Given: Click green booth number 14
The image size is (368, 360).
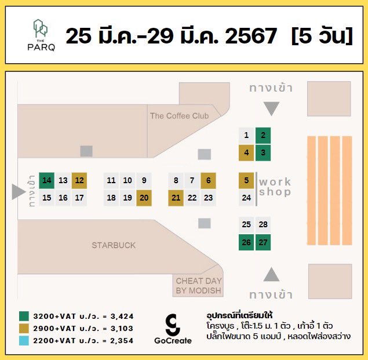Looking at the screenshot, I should point(47,180).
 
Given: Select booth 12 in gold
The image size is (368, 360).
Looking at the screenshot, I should point(79,180).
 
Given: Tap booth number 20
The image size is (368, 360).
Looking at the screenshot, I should point(144,198).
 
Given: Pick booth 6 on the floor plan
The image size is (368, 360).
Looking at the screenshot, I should point(208,180).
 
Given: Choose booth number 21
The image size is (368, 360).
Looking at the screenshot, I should point(176,198).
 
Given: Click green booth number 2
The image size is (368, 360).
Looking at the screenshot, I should point(263,136).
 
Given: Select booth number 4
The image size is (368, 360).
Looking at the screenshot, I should point(246,153).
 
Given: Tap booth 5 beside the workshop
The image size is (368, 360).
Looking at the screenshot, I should point(246,180).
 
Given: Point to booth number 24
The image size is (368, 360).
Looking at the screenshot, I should point(246,198).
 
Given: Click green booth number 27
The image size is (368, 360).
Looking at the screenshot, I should point(263,242).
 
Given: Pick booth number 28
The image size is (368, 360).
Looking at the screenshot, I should point(263,224).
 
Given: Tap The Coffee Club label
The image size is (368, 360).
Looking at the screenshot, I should point(179,116).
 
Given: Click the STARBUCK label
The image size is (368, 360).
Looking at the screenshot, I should point(114,245).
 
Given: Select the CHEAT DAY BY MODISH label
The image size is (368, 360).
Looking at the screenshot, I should point(199,286).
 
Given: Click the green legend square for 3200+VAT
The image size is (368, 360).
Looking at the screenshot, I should point(24,316).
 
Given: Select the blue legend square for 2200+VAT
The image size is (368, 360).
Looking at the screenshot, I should point(24,340).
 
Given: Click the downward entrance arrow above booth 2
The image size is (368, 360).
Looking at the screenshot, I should point(271,108).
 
